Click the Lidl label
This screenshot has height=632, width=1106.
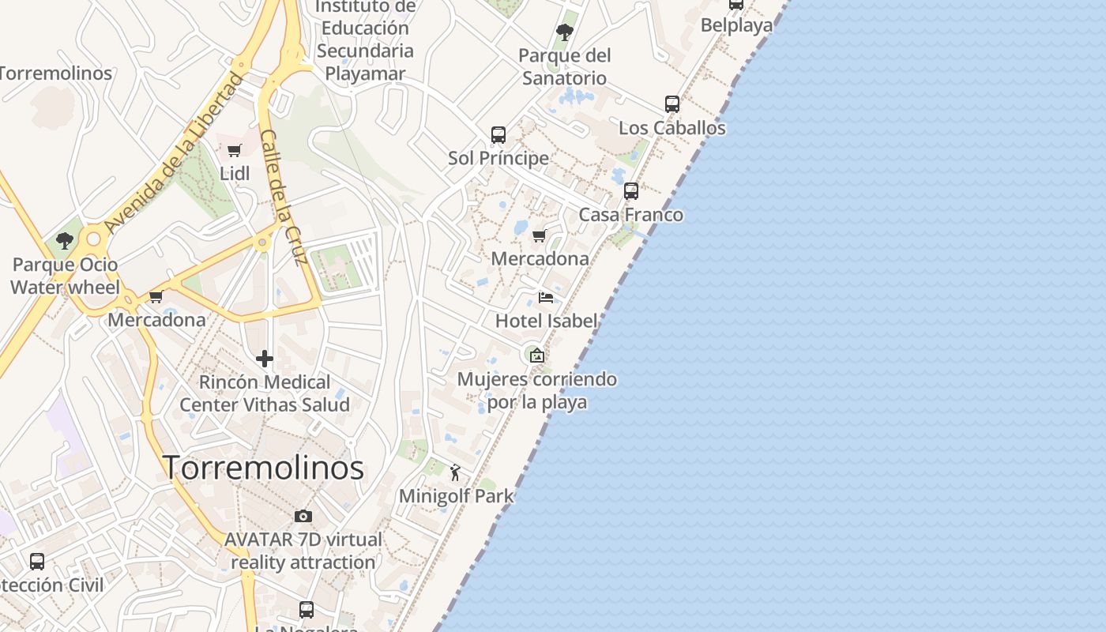tap(235, 173)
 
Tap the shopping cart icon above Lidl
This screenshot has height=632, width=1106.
tap(234, 150)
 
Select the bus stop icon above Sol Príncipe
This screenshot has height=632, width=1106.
tap(498, 135)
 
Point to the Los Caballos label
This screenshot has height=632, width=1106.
tap(671, 127)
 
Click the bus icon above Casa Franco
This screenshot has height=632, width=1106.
tap(630, 191)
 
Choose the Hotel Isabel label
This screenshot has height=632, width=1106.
tap(546, 321)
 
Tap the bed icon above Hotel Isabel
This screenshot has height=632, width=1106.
tap(545, 298)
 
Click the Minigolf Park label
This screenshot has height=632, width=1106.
tap(456, 496)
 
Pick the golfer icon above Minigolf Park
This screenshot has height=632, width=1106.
tap(455, 472)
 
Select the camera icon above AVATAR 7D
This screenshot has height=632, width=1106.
tap(303, 517)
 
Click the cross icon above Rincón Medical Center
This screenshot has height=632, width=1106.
tap(265, 359)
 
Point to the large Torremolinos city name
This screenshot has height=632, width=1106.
tap(263, 468)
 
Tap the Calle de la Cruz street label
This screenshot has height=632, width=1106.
tap(284, 197)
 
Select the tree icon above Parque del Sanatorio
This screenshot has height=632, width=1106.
tap(564, 32)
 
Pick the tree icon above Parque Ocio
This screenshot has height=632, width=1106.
tap(65, 241)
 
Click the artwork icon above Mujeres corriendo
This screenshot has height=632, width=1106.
tap(537, 355)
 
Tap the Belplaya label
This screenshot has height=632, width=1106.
tap(736, 25)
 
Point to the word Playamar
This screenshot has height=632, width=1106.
tap(365, 73)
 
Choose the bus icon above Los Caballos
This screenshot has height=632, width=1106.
tap(671, 104)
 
